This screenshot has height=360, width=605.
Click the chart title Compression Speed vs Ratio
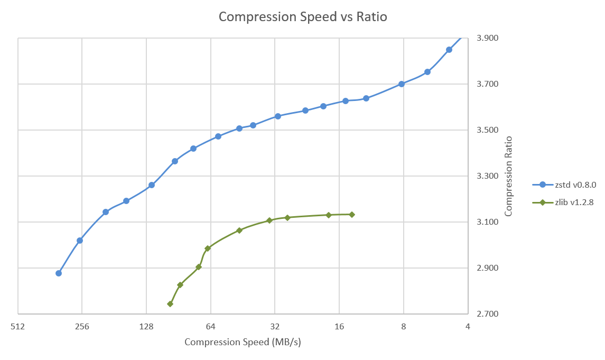tap(303, 17)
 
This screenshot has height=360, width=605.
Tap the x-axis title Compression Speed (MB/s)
tap(243, 342)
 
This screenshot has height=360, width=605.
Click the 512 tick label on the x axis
tap(18, 327)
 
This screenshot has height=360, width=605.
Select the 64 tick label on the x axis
tap(211, 327)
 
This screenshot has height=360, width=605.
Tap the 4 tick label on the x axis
tap(468, 327)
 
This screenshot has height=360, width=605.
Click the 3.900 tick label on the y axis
tap(487, 38)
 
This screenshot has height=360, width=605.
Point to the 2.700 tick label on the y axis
tap(487, 314)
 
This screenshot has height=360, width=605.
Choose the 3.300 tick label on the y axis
tap(487, 176)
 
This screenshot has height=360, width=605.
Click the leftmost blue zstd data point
tap(59, 273)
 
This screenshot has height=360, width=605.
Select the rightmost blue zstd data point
tap(449, 50)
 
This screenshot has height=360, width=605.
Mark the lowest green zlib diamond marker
tap(170, 304)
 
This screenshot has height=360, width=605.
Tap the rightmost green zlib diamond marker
tap(352, 215)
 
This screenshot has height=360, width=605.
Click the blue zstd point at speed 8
tap(402, 84)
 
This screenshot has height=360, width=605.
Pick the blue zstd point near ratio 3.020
tap(80, 241)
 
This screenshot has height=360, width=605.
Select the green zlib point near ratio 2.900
tap(199, 267)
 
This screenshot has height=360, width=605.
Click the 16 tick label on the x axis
tap(339, 327)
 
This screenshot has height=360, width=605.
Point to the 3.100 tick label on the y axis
tap(487, 222)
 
